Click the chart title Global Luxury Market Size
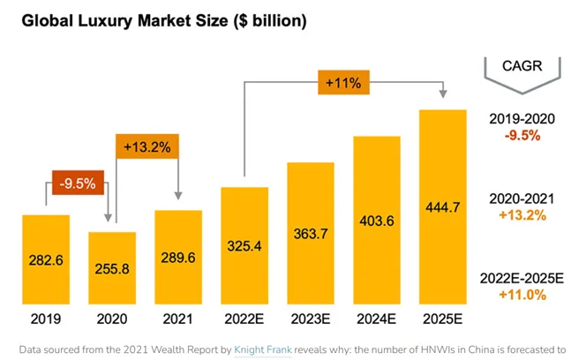point(124,20)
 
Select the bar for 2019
point(46,259)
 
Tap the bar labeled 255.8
point(112,268)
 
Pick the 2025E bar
point(443,206)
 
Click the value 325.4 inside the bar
point(244,246)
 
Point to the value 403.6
point(377,221)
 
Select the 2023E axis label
point(311,319)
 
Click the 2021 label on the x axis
point(178,319)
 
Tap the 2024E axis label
point(376,319)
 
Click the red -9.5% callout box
point(79,183)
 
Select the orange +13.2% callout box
point(147,146)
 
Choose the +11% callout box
point(344,82)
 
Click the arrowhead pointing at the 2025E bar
point(443,94)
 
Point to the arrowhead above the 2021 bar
point(178,196)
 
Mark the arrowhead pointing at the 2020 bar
point(108,218)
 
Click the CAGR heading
point(522,66)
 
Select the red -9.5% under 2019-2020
point(522,135)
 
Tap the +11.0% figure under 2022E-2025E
point(522,295)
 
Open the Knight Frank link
point(263,350)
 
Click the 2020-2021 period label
point(522,199)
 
